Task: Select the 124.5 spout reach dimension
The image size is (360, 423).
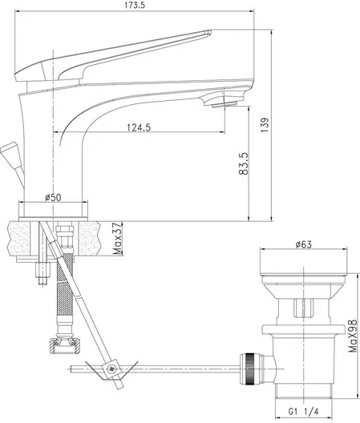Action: (x=139, y=126)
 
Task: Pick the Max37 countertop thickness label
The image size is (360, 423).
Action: (x=117, y=239)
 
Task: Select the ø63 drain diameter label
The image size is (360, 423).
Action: (x=303, y=244)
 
